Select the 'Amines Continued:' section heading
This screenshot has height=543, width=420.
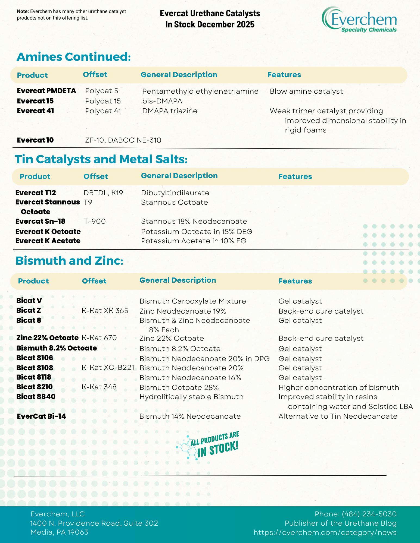74,57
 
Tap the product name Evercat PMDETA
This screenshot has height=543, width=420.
46,91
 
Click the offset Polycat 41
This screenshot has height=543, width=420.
103,111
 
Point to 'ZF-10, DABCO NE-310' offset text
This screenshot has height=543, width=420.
123,140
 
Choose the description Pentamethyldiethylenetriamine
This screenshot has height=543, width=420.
200,91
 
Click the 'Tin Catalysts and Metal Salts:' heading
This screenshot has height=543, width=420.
101,159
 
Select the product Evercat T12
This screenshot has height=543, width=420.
36,193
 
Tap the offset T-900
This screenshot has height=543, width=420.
95,222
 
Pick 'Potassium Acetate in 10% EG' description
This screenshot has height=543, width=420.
194,241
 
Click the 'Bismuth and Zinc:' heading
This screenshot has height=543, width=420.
69,261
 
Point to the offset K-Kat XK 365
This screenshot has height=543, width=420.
105,311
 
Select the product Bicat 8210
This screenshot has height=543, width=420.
35,387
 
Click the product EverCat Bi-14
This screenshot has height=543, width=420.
41,416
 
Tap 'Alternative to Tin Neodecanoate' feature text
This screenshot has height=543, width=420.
338,416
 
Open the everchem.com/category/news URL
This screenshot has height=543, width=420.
325,532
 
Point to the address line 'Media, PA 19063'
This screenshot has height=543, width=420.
59,532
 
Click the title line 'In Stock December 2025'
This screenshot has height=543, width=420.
210,24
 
